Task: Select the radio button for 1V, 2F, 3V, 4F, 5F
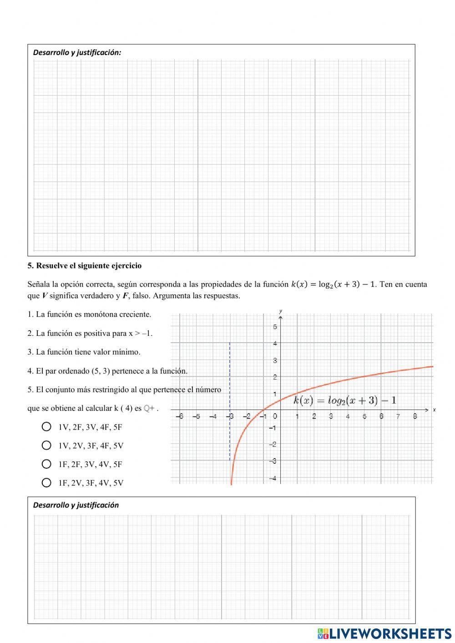point(46,427)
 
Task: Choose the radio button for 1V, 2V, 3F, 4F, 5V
point(46,446)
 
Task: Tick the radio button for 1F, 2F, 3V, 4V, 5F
point(46,464)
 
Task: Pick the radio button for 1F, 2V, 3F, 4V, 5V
point(46,483)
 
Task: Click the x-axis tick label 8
point(415,416)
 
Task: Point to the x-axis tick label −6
point(180,416)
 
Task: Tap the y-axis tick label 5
point(275,327)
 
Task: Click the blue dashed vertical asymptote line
point(230,378)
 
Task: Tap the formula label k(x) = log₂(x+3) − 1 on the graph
point(345,400)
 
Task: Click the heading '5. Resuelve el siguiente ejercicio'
point(84,266)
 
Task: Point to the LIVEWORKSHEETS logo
point(384,633)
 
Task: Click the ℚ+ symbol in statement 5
point(150,409)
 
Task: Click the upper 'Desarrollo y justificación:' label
point(77,52)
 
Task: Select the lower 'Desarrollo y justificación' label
point(76,505)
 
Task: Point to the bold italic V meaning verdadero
point(44,296)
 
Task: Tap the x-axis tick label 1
point(297,416)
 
